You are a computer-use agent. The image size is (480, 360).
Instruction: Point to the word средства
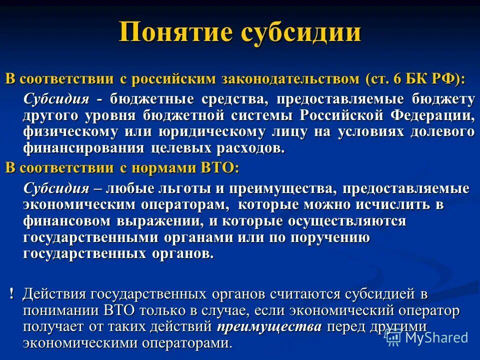(x=235, y=99)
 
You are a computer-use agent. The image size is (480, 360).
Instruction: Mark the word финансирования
(x=83, y=148)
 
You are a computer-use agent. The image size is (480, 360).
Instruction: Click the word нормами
(x=164, y=168)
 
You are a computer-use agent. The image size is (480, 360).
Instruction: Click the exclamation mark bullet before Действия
(x=11, y=294)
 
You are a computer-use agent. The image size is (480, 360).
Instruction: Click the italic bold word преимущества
(x=269, y=327)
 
